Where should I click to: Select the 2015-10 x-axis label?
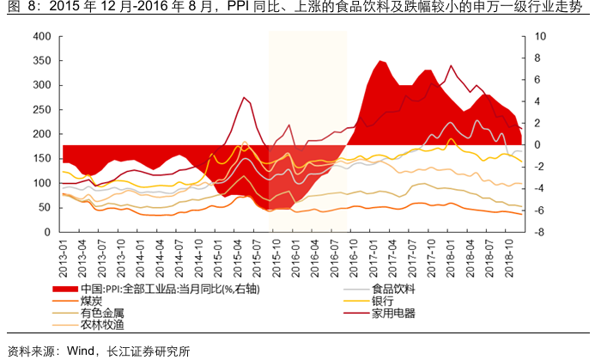(275, 253)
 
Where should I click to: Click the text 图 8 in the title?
(15, 9)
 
